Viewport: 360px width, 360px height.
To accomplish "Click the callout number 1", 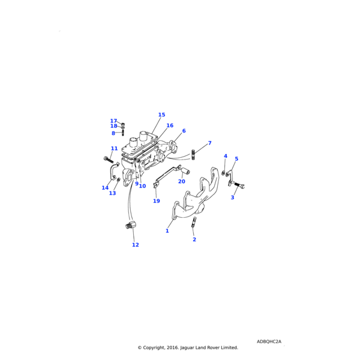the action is click(167, 231).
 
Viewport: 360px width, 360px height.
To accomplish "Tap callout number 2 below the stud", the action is click(194, 239).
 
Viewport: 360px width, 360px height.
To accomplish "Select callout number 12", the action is click(136, 245).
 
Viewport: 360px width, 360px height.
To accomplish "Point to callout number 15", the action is click(161, 115).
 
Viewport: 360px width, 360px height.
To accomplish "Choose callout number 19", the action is click(157, 201).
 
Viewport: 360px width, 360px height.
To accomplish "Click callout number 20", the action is click(182, 181).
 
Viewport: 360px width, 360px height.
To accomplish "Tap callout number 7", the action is click(209, 143).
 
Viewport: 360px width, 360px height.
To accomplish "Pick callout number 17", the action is click(113, 121).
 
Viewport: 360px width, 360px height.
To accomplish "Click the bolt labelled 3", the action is click(239, 185).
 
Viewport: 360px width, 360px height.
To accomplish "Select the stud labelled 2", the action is click(194, 222).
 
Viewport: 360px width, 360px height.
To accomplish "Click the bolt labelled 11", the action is click(109, 159).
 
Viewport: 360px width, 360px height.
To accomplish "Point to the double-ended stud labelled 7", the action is click(193, 155).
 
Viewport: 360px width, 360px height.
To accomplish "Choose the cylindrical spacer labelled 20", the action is click(185, 171).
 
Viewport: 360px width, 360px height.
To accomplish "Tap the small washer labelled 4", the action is click(223, 173).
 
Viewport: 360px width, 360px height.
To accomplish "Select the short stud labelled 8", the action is click(123, 133).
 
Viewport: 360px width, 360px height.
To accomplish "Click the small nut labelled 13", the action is click(119, 179).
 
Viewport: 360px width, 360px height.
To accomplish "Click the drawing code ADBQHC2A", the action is click(269, 341).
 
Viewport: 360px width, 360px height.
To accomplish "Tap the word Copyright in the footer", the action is click(154, 348).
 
